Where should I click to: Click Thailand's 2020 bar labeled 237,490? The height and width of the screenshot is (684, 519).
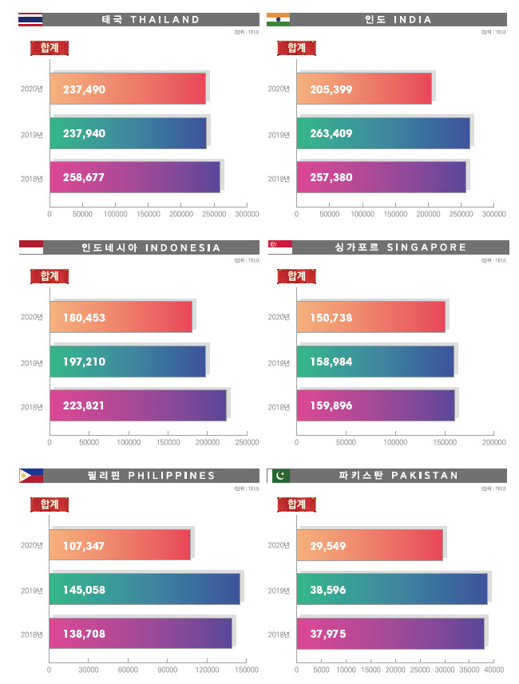coord(128,89)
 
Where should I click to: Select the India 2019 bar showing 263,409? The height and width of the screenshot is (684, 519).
coord(383,133)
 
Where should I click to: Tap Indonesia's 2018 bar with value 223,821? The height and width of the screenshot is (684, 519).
coord(137,405)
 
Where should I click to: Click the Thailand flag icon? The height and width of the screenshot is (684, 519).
coord(30,19)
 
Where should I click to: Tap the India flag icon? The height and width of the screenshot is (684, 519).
coord(278,19)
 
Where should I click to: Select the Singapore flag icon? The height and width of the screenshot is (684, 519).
coord(279,247)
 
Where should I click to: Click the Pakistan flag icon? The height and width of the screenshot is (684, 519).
coord(279,476)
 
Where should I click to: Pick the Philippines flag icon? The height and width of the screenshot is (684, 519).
coord(30,476)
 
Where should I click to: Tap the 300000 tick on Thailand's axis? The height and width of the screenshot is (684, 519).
coord(247,215)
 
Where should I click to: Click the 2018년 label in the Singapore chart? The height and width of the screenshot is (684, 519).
coord(279,407)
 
